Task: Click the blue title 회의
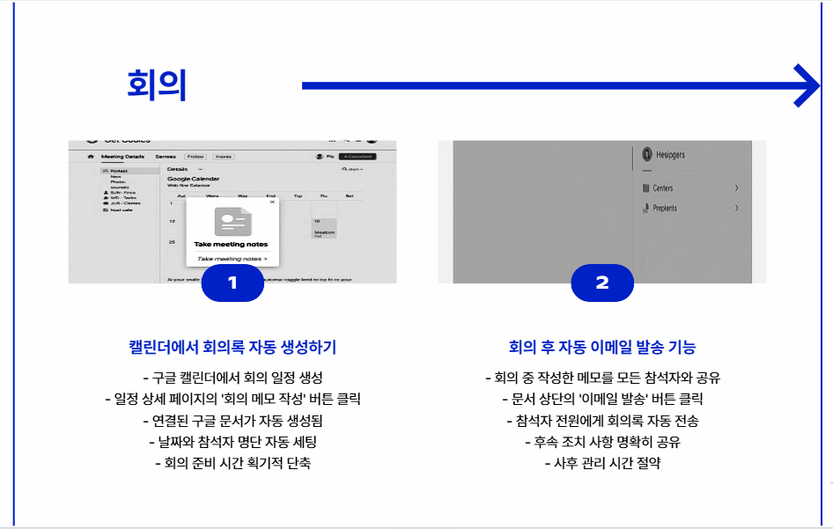click(157, 85)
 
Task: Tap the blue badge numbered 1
click(232, 283)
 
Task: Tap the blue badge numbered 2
click(602, 283)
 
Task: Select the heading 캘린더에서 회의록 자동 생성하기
click(232, 346)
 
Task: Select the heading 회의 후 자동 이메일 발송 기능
click(602, 346)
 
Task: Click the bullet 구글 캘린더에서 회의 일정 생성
click(232, 378)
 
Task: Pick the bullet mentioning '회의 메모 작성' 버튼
click(232, 399)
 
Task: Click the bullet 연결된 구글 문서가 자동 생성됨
click(232, 420)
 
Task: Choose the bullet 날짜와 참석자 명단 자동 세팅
click(232, 441)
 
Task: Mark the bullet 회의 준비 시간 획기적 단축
click(232, 462)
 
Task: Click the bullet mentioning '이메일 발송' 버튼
click(602, 399)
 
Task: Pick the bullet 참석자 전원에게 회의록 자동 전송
click(602, 420)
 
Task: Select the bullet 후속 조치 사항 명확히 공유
click(602, 441)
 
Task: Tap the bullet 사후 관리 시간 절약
click(602, 462)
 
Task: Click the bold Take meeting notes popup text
click(231, 244)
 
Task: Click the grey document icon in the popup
click(232, 219)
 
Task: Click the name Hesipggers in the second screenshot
click(670, 155)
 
